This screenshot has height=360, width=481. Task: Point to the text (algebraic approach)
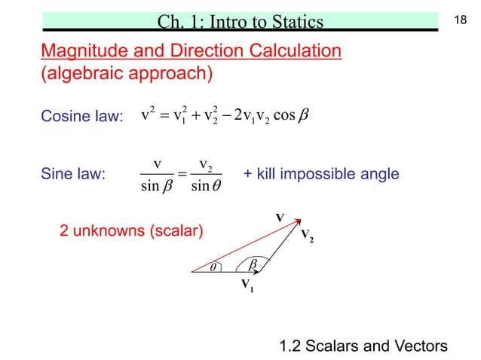click(126, 74)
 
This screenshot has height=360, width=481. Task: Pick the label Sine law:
click(72, 175)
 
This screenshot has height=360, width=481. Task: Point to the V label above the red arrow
click(279, 217)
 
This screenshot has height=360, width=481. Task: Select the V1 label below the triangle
click(246, 285)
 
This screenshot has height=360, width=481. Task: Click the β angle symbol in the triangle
click(253, 263)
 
